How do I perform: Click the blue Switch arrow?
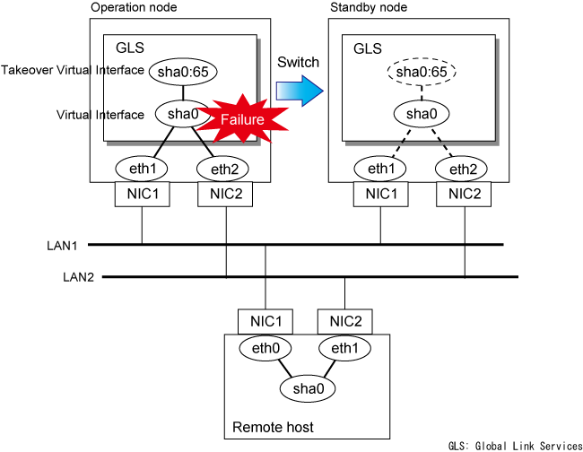point(299,90)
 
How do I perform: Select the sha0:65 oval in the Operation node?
point(184,70)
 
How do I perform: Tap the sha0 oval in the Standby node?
point(417,115)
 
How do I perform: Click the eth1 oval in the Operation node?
point(141,168)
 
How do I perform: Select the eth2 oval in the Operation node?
point(224,168)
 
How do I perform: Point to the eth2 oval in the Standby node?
point(463,168)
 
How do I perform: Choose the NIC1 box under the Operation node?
point(141,195)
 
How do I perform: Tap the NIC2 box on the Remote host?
point(344,321)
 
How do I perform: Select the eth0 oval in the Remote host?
point(265,348)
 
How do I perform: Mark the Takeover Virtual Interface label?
point(74,70)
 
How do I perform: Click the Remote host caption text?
point(273,428)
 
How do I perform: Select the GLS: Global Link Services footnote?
point(515,445)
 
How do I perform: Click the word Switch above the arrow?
point(296,63)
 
